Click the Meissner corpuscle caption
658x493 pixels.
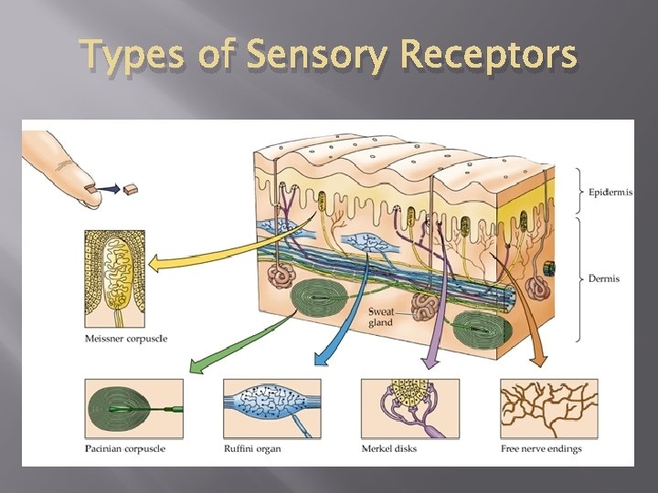click(125, 339)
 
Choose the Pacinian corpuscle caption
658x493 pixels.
click(125, 448)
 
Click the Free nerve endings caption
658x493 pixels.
click(541, 448)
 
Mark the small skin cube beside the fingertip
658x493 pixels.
click(133, 189)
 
